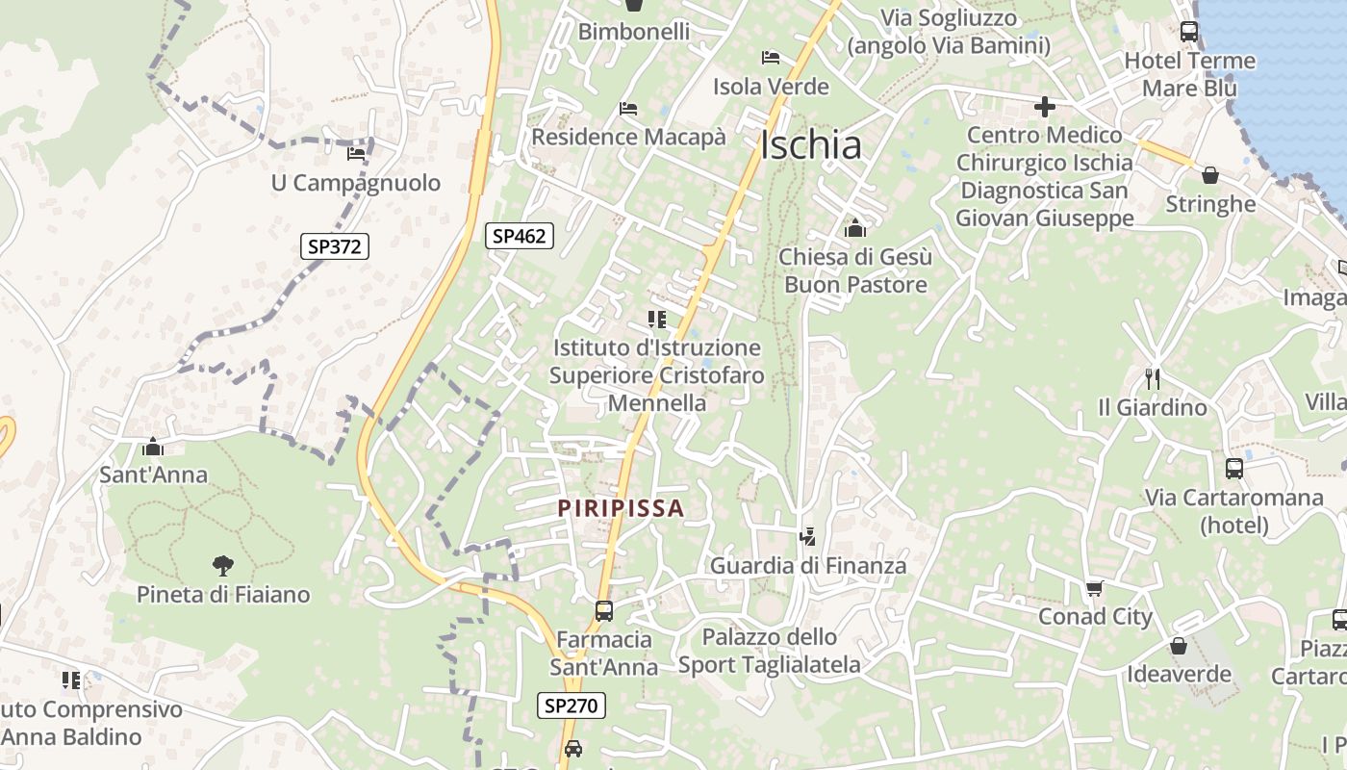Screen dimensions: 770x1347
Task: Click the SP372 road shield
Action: (334, 246)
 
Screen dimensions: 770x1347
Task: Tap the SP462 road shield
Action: (520, 235)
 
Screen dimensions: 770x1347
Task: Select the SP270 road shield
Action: (571, 706)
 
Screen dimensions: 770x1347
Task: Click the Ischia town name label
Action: (810, 145)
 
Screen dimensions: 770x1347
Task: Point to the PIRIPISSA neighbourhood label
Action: (622, 507)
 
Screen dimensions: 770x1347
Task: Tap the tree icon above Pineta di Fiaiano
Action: (222, 566)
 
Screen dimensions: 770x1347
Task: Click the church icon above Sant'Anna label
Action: (152, 447)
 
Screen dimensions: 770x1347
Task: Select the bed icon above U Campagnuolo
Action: (356, 153)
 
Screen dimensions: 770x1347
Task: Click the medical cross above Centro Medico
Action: (1044, 106)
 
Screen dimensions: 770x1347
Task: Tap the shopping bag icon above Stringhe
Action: (1209, 175)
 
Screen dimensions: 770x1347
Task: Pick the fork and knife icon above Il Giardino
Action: (1153, 378)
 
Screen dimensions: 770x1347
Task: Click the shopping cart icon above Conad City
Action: (1094, 588)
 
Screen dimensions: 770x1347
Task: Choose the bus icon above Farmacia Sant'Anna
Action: (603, 610)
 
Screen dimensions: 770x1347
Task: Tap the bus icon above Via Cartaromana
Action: (1233, 469)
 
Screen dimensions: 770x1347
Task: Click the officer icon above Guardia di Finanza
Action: (808, 536)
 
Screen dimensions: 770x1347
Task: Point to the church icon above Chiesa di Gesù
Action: (854, 228)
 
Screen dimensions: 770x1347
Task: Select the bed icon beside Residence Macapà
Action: (628, 109)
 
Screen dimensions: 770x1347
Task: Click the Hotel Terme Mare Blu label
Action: (1190, 74)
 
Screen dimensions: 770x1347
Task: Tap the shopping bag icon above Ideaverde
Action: (1178, 646)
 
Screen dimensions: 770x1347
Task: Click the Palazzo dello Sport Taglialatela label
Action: (770, 651)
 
